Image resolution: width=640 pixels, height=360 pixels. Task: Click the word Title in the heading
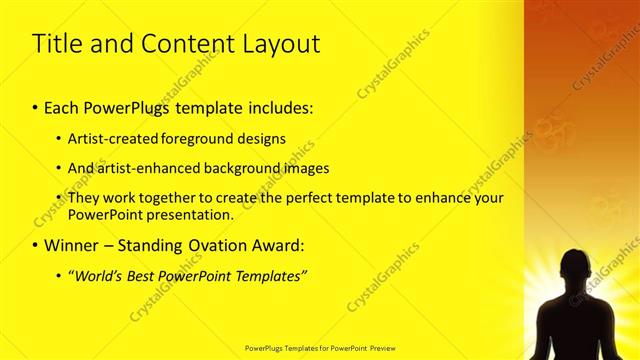click(x=58, y=44)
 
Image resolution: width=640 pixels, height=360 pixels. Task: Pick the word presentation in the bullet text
click(x=189, y=214)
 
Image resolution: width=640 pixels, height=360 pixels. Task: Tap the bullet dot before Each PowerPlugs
click(x=36, y=107)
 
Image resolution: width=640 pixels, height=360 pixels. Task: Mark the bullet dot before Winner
click(x=36, y=245)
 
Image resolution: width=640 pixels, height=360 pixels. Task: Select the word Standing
click(x=147, y=244)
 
